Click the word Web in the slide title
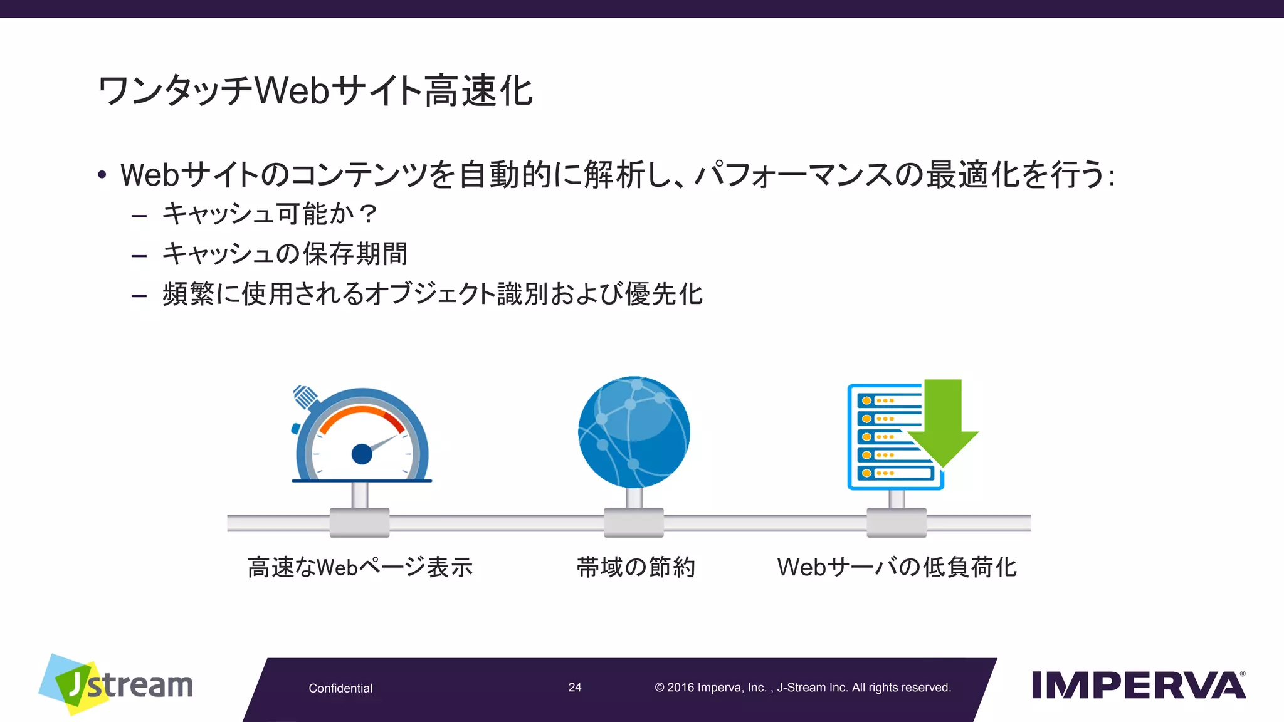[292, 91]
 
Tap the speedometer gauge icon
[362, 439]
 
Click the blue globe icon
[634, 432]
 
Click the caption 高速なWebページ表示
[360, 567]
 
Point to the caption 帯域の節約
[636, 567]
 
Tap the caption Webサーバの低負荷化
[897, 567]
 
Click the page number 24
[575, 688]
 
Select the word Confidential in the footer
[340, 688]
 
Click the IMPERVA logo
[1138, 685]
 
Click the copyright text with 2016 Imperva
[802, 688]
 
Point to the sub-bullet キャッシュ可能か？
[270, 214]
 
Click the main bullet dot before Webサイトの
[102, 175]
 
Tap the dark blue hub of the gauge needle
[362, 454]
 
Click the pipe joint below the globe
[634, 523]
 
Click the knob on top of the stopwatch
[305, 396]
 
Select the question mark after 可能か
[369, 214]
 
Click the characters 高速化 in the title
[479, 91]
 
